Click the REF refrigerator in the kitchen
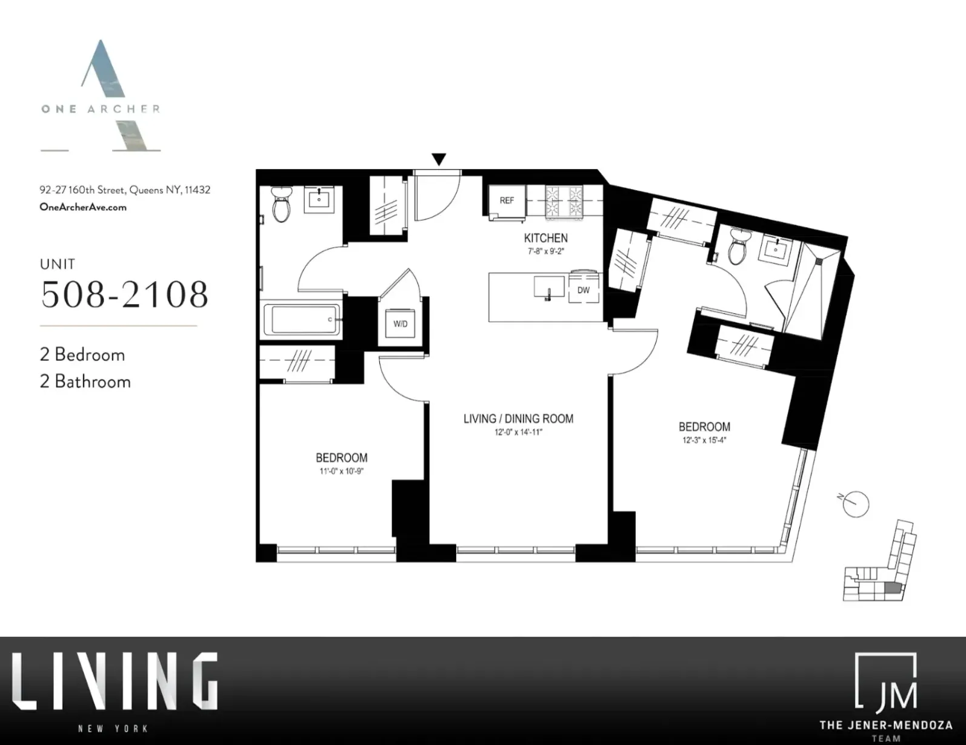pyautogui.click(x=507, y=200)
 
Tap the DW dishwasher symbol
pyautogui.click(x=583, y=290)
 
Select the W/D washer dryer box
pyautogui.click(x=400, y=324)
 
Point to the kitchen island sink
pyautogui.click(x=549, y=287)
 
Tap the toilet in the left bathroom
pyautogui.click(x=281, y=204)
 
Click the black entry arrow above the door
pyautogui.click(x=439, y=159)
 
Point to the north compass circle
pyautogui.click(x=855, y=503)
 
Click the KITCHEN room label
pyautogui.click(x=545, y=238)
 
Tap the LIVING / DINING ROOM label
pyautogui.click(x=518, y=419)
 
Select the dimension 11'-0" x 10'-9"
pyautogui.click(x=341, y=471)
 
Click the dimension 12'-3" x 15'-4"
pyautogui.click(x=704, y=440)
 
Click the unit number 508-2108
pyautogui.click(x=124, y=294)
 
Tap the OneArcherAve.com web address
pyautogui.click(x=83, y=207)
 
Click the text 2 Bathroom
pyautogui.click(x=85, y=382)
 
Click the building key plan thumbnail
pyautogui.click(x=880, y=563)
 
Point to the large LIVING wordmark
pyautogui.click(x=115, y=681)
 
